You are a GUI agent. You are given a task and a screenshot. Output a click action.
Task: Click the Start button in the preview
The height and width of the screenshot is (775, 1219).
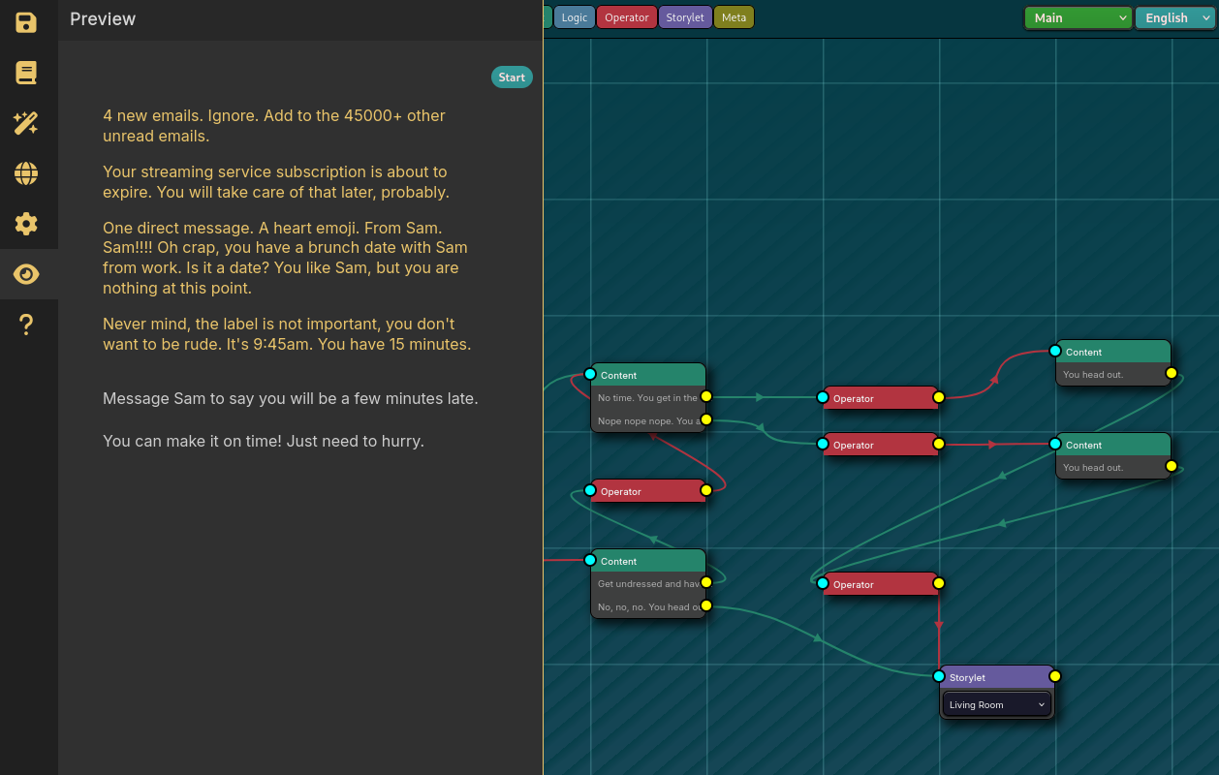[x=512, y=77]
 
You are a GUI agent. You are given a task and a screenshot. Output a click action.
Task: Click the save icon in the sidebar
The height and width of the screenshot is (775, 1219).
[x=26, y=23]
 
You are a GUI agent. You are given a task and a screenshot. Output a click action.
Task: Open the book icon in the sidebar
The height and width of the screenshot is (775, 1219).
[x=26, y=73]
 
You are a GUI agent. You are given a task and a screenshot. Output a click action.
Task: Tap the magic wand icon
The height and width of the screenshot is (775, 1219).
[x=26, y=123]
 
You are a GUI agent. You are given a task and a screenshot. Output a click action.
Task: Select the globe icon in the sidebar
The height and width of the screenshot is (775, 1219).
[x=26, y=173]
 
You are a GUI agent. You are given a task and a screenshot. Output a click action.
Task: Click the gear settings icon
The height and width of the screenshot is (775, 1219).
[x=26, y=224]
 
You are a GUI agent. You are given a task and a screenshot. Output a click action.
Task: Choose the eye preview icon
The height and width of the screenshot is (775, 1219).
[x=26, y=274]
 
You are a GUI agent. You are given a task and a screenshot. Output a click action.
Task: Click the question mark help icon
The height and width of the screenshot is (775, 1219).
[x=26, y=325]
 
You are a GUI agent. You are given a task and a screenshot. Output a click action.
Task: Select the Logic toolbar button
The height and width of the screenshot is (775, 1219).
[x=575, y=17]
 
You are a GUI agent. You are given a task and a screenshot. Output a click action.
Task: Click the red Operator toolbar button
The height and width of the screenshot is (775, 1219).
[x=627, y=17]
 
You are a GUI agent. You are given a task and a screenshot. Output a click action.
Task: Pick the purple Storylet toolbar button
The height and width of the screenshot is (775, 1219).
[x=685, y=17]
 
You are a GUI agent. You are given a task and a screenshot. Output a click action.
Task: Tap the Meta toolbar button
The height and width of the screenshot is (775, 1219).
[x=734, y=17]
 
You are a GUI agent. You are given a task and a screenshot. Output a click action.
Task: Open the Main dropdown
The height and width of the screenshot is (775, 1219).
[x=1078, y=17]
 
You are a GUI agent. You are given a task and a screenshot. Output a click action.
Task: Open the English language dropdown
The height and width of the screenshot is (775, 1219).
[x=1174, y=17]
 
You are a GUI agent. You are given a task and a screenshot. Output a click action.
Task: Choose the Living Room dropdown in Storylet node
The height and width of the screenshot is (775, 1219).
[x=997, y=704]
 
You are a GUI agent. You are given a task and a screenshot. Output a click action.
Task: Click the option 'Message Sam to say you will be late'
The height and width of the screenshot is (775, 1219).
[x=290, y=398]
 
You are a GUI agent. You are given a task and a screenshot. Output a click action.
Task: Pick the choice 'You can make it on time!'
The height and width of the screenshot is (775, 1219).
[x=263, y=441]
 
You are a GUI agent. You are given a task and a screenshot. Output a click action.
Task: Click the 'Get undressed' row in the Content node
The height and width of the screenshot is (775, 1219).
[x=647, y=583]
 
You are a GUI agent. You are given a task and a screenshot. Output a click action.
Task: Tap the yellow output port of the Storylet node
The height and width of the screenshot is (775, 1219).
[x=1055, y=676]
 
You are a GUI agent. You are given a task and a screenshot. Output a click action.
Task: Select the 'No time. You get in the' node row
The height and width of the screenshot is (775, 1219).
[x=647, y=397]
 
